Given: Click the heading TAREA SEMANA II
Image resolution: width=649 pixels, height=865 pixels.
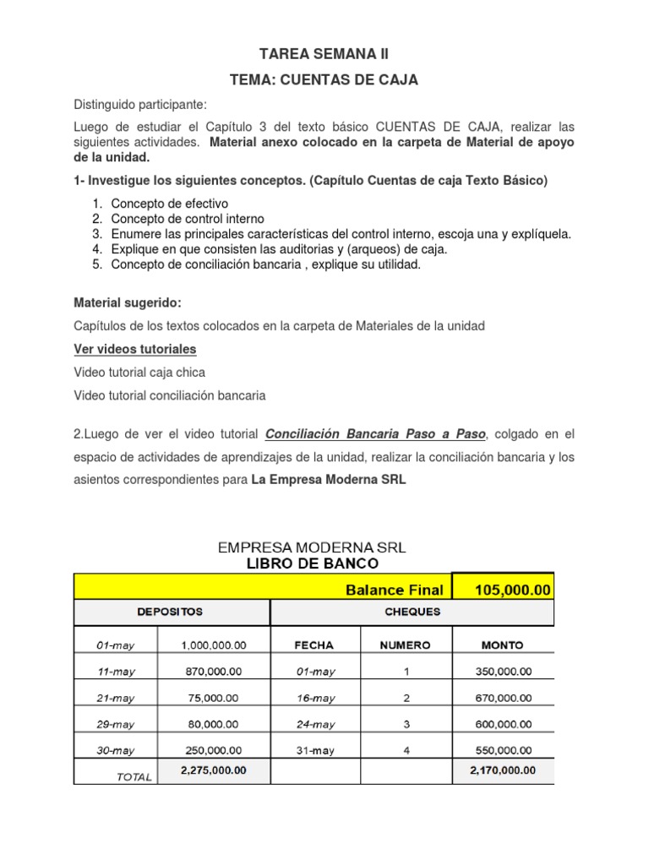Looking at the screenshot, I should coord(324,55).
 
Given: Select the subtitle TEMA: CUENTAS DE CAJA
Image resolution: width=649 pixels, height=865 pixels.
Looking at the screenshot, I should coord(324,80).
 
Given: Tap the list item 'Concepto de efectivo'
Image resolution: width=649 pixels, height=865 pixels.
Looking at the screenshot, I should coord(170,203).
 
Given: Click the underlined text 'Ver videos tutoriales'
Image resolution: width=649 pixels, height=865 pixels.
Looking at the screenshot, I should coord(135,349).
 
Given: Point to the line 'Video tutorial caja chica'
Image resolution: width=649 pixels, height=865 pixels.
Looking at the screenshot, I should coord(139,372).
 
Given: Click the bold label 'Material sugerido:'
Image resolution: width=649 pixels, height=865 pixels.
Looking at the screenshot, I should coord(128,302).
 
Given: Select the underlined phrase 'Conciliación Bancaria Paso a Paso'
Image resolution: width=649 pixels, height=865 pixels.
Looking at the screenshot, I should coord(376,434).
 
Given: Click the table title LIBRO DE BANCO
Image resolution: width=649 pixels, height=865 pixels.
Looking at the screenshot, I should coord(313,563).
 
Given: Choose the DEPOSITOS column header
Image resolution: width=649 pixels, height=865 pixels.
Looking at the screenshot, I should coord(171,612).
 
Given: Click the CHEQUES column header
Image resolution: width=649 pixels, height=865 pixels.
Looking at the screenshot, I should coord(412,612).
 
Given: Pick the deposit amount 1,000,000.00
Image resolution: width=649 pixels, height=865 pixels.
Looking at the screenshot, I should coord(214,645).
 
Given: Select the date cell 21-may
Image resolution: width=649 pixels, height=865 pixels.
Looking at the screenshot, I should coord(115,698).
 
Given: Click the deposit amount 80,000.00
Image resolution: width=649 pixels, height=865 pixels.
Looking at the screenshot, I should coord(214,724).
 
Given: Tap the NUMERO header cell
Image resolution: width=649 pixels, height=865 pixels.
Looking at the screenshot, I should coord(405,645).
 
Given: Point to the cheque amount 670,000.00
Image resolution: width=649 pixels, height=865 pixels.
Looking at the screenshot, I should coord(504,698).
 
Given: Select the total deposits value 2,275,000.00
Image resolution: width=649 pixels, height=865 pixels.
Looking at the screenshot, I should coord(214,770).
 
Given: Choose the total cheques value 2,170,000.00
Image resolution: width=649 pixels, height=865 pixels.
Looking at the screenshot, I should coord(502,770).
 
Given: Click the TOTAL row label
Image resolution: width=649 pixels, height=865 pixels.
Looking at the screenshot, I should coord(133,777).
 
